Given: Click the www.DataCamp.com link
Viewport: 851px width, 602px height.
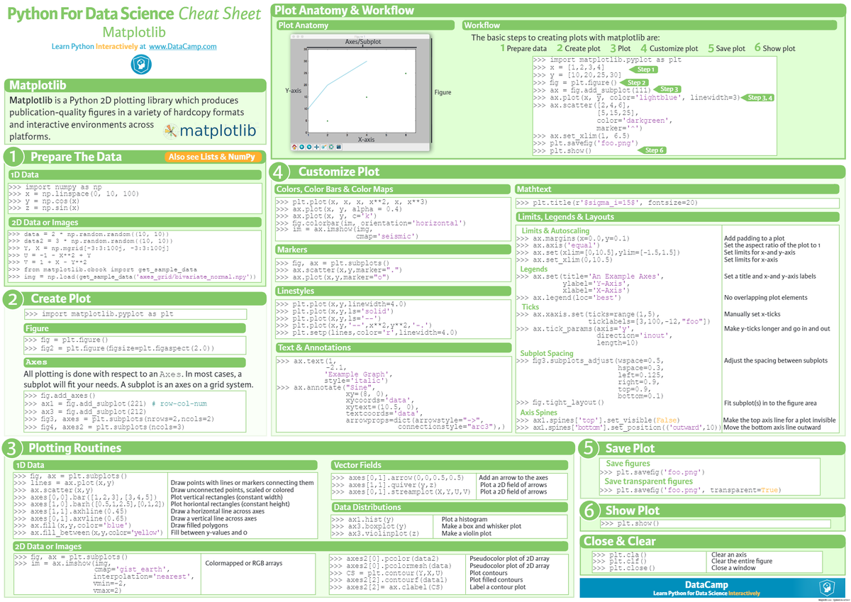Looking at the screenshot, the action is coord(182,47).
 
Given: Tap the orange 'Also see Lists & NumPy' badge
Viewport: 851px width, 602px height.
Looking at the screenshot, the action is coord(213,157).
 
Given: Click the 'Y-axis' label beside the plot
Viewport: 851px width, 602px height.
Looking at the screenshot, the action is coord(293,91).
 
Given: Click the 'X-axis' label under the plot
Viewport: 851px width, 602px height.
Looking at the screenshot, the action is coord(366,140).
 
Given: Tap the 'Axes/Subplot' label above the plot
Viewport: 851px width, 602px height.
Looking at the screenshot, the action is coord(363,42).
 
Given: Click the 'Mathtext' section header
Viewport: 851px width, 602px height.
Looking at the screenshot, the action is coord(535,189).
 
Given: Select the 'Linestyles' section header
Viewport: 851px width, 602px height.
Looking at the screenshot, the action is coord(296,291).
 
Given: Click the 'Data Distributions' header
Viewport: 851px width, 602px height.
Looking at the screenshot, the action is coord(367,507).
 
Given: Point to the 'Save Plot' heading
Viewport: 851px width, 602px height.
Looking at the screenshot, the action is coord(630,448).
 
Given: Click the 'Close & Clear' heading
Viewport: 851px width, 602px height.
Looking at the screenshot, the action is coord(619,541).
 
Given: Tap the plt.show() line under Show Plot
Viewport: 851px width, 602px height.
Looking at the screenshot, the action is coord(630,523).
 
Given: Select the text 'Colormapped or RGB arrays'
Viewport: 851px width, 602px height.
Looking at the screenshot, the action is coord(243,563).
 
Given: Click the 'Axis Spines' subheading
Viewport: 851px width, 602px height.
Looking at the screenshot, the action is coord(539,412).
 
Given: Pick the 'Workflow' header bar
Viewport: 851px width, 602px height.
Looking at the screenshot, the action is coord(482,26).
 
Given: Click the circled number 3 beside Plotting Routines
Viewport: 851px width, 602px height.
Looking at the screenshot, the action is coord(11,448).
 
